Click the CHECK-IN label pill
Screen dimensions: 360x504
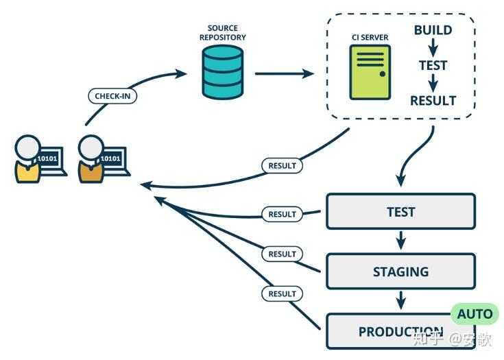tap(112, 96)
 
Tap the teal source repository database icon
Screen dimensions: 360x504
tap(222, 73)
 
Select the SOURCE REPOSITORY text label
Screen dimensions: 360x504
tap(222, 32)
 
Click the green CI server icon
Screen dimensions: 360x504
tap(370, 73)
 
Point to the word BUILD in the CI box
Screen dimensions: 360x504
tap(433, 30)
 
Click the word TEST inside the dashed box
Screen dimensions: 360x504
tap(433, 66)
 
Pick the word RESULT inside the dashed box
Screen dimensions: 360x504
tap(433, 101)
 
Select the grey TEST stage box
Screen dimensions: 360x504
tap(400, 211)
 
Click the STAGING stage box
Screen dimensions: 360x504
tap(400, 272)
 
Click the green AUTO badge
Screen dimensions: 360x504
tap(475, 314)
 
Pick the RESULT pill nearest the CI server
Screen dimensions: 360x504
tap(282, 165)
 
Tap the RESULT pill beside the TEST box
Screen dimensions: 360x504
tap(282, 214)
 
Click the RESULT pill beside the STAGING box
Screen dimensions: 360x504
tap(282, 254)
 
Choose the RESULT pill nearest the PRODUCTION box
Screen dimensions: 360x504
tap(282, 293)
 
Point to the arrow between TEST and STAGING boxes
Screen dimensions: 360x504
tap(401, 241)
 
